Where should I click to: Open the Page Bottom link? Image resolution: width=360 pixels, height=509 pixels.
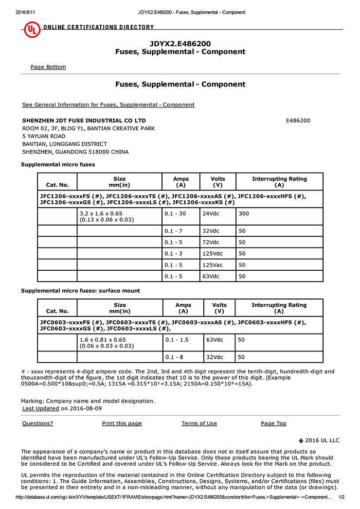[48, 67]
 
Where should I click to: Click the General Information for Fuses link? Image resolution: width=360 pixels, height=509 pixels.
[108, 105]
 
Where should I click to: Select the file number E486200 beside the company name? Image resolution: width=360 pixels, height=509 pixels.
[298, 121]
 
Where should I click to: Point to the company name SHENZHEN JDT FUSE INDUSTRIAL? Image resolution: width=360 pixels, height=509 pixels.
[84, 121]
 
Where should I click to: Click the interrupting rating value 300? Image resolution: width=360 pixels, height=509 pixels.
[243, 213]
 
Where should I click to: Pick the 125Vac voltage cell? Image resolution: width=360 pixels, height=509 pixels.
[212, 265]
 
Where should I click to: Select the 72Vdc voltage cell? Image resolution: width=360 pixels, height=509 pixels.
[211, 242]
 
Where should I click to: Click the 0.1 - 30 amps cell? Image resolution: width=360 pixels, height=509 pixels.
[175, 213]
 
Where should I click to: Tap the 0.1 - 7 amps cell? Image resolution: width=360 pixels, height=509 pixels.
[173, 230]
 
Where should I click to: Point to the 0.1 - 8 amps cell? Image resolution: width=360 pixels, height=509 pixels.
[173, 357]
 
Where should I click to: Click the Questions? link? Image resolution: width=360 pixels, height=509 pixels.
[37, 423]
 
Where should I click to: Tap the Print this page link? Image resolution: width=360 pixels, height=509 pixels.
[122, 423]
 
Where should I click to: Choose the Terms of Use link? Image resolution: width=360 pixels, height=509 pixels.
[199, 423]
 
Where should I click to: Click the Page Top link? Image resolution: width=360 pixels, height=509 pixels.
[273, 423]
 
